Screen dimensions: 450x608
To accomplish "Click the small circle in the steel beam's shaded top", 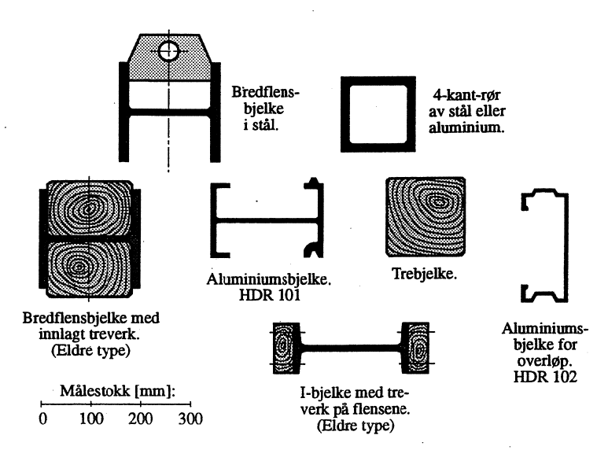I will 168,52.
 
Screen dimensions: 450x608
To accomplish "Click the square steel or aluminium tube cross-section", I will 374,113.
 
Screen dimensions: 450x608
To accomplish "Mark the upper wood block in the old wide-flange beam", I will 88,206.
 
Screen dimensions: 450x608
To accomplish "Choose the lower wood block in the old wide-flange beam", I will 88,267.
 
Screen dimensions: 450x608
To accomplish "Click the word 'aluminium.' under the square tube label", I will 474,127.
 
